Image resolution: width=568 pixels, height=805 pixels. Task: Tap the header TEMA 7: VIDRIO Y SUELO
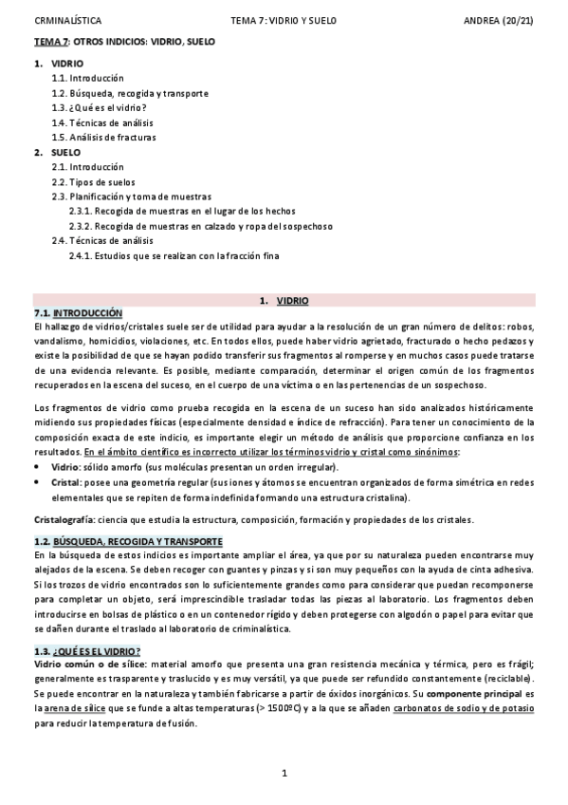tap(284, 20)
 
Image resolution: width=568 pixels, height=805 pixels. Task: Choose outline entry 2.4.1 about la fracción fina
tap(174, 255)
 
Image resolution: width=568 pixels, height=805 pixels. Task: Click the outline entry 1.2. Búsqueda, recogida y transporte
tap(130, 93)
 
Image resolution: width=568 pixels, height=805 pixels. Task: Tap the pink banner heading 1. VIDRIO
tap(284, 300)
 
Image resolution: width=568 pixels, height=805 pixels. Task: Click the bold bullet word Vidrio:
tap(65, 468)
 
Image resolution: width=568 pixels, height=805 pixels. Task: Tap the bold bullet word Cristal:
tap(65, 483)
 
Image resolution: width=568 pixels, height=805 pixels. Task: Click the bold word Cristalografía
tap(64, 519)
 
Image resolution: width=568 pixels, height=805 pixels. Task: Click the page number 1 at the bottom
tap(284, 774)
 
